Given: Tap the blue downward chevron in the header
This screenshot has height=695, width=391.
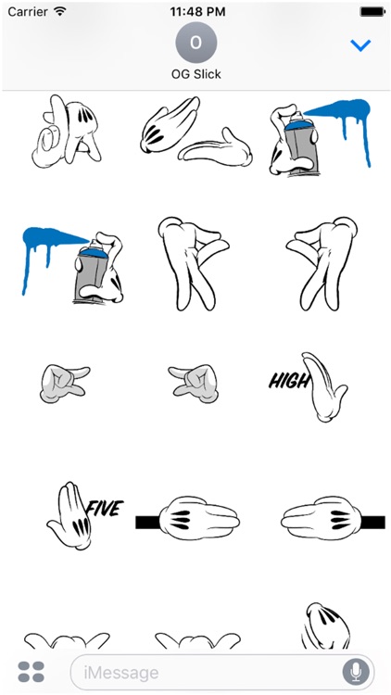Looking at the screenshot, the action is [360, 44].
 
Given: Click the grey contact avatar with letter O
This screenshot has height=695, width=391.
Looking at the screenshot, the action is [195, 43].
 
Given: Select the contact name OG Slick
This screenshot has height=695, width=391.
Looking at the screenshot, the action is [195, 73].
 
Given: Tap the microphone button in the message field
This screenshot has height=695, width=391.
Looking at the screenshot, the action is [356, 672].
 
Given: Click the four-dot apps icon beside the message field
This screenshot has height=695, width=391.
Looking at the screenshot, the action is [31, 672].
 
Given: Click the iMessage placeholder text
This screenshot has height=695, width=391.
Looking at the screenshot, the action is [121, 673].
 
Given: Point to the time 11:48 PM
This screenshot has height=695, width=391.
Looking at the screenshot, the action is [197, 12].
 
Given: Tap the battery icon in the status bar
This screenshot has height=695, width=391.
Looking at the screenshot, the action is [372, 12].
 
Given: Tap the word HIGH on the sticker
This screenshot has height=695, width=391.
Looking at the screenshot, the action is [288, 381].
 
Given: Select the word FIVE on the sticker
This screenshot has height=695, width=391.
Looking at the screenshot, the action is [105, 509].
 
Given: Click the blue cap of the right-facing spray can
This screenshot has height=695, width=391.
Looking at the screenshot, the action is [298, 124].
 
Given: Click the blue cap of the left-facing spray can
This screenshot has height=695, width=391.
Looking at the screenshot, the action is [92, 252].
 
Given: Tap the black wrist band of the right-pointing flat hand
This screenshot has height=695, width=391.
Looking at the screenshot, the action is [147, 523].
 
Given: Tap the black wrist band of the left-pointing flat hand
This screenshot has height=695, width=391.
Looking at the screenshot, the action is [372, 523].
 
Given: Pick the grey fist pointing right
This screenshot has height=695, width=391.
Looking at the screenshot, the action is [64, 384].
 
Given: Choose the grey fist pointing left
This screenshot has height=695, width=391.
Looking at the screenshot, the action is [194, 384].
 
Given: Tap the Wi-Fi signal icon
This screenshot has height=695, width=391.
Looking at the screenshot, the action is [60, 11].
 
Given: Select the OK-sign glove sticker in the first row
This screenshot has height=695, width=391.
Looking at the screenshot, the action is [67, 131].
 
